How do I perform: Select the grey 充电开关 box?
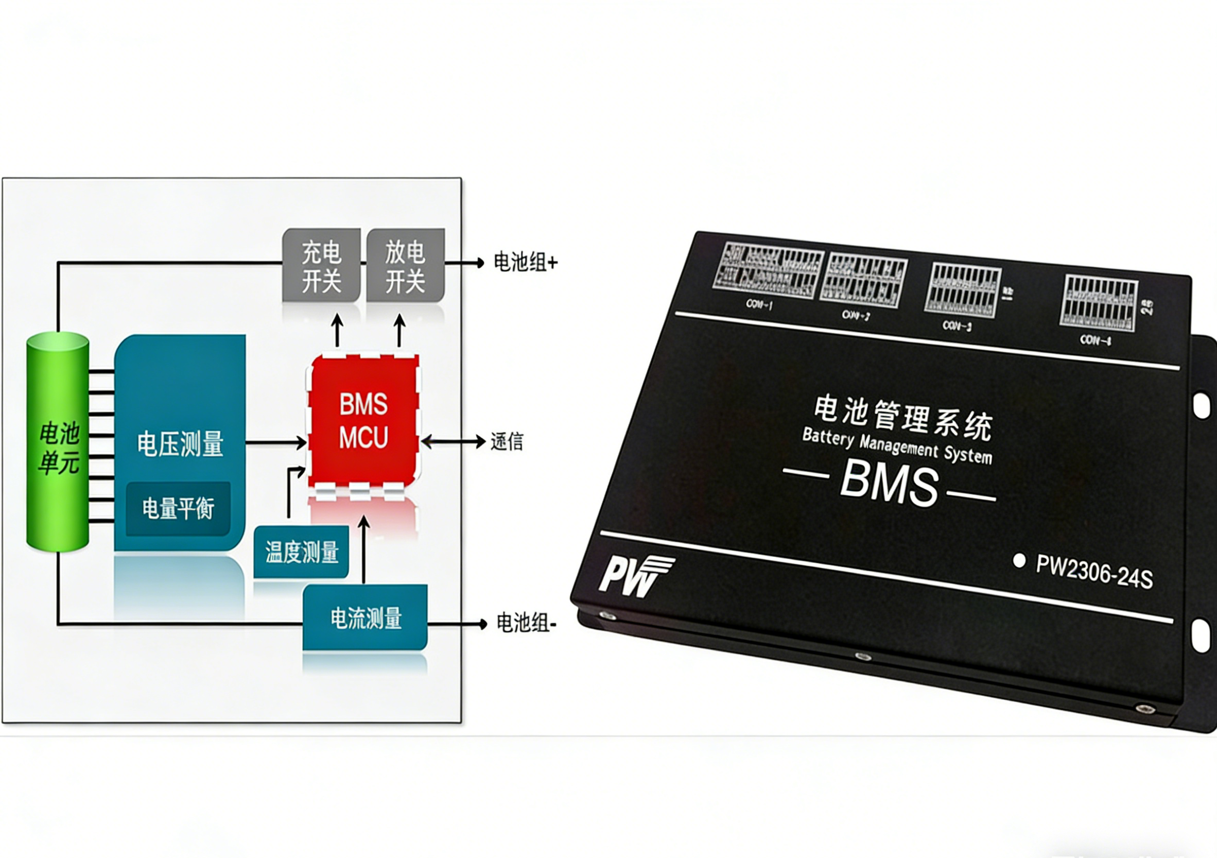(321, 266)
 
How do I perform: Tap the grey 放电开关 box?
(406, 266)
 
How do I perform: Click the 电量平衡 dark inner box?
(178, 508)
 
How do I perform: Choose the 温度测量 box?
(301, 552)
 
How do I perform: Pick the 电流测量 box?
(365, 617)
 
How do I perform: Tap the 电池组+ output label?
(525, 263)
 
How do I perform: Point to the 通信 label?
(507, 441)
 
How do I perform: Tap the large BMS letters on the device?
(889, 483)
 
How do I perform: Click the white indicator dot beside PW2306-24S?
(1018, 560)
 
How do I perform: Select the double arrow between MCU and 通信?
(453, 441)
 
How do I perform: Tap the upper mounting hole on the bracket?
(1201, 406)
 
